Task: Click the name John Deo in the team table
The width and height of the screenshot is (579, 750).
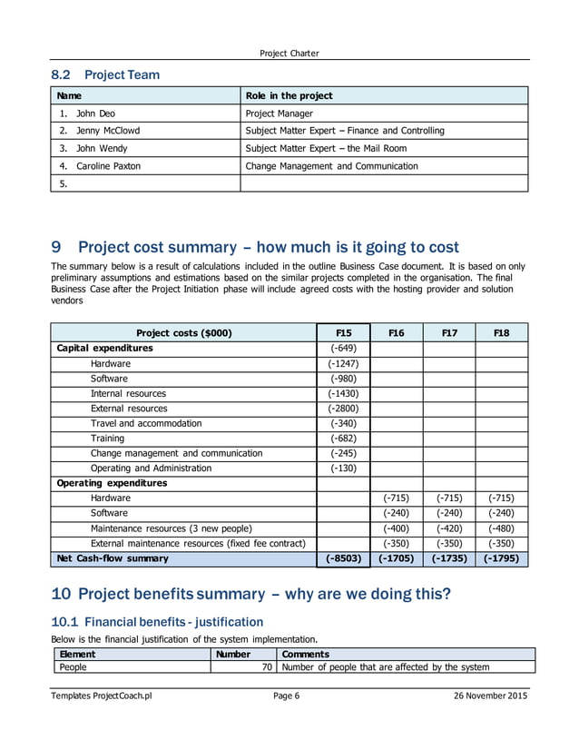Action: [95, 113]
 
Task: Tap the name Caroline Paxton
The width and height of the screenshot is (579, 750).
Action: [108, 166]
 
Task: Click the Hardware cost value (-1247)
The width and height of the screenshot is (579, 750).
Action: [344, 363]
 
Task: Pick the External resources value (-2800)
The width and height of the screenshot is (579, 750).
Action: [344, 409]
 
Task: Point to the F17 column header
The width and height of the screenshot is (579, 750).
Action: [448, 333]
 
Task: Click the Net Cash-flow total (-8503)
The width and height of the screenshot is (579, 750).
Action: [344, 558]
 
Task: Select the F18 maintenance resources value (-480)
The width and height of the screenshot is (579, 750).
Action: [501, 528]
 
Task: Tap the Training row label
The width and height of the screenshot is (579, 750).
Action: [107, 438]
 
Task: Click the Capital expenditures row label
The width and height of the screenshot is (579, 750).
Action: [104, 348]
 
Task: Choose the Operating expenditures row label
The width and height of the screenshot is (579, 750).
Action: [112, 483]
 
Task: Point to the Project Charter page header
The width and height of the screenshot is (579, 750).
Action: [289, 53]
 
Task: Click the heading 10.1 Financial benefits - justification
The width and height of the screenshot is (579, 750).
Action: [156, 622]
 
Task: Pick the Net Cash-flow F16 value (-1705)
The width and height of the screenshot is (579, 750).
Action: [396, 558]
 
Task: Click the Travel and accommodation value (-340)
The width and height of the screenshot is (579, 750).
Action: [344, 423]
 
